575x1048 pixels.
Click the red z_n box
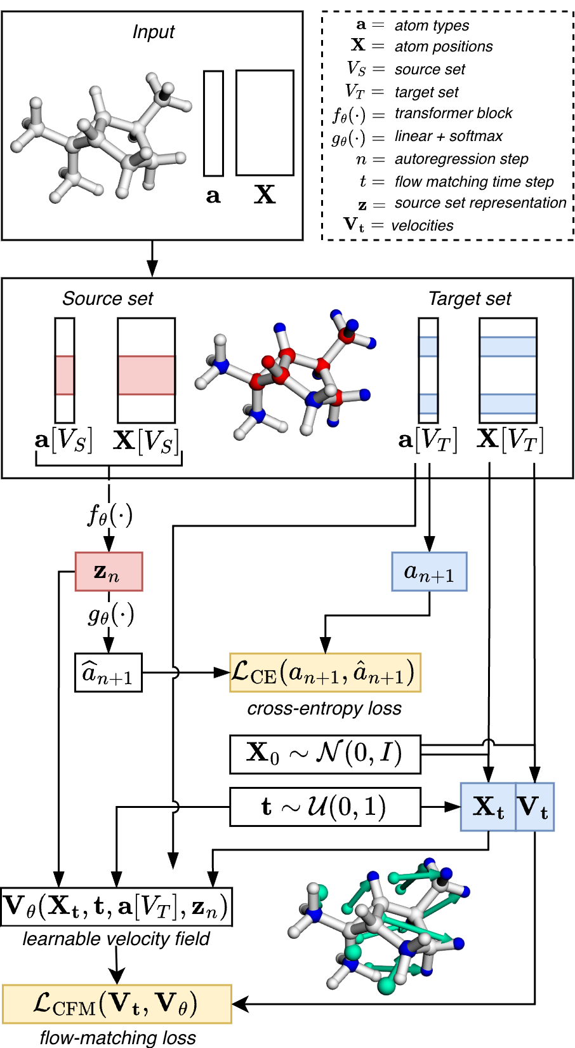coord(109,572)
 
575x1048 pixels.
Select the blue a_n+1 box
coord(429,572)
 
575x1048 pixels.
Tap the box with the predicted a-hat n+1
coord(108,673)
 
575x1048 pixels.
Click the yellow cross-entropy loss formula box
coord(325,673)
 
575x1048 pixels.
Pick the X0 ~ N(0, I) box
coord(325,754)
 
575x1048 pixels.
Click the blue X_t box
coord(488,807)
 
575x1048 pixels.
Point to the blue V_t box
coord(534,807)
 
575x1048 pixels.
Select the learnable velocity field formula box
coord(116,906)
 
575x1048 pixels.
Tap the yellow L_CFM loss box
coord(117,1004)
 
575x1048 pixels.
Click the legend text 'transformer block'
coord(453,114)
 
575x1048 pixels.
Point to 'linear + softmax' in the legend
coord(448,137)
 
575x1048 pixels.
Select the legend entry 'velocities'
coord(422,226)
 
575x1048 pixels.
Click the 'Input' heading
coord(153,32)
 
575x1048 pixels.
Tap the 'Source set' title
coord(108,299)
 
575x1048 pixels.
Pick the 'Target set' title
coord(470,299)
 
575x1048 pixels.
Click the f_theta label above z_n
coord(110,514)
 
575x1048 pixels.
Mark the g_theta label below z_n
coord(110,615)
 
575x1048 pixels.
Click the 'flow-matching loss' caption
coord(117,1038)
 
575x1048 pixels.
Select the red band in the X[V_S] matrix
coord(146,375)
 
